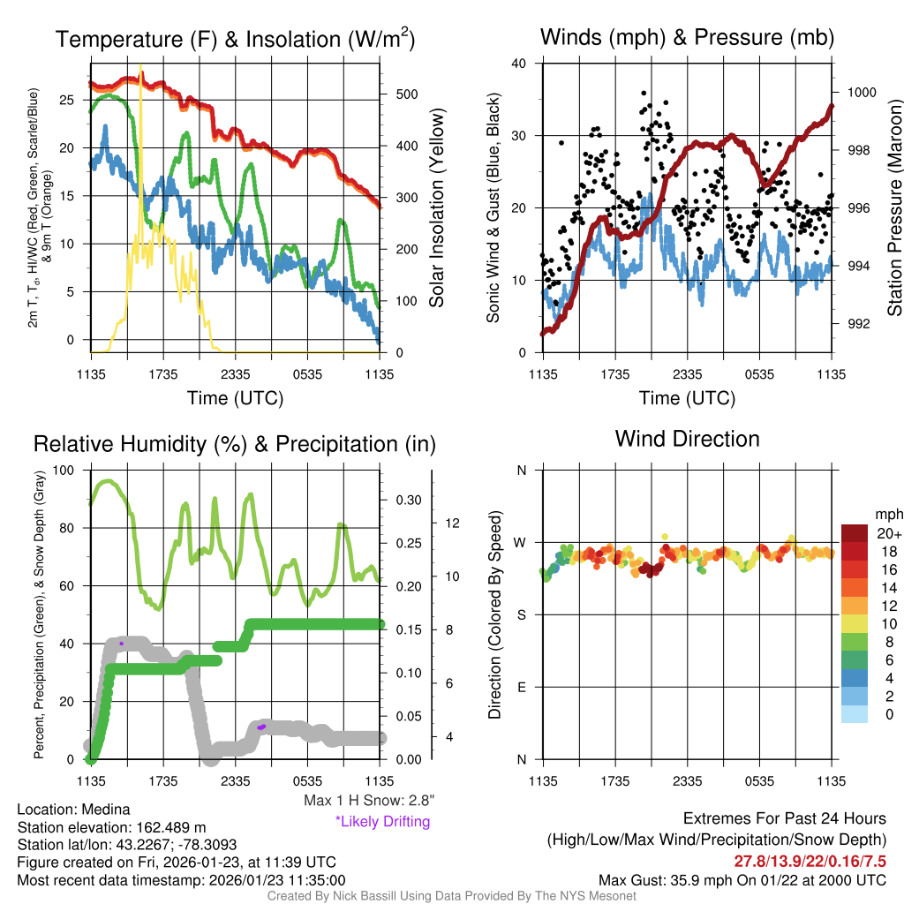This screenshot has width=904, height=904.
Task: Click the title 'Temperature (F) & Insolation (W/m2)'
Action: tap(235, 39)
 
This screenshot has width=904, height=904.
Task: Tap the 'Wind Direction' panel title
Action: tap(687, 439)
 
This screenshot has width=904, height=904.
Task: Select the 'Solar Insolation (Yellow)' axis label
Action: tap(436, 208)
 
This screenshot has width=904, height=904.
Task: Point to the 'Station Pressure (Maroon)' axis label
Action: tap(893, 208)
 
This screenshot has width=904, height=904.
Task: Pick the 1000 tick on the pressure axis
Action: tap(860, 92)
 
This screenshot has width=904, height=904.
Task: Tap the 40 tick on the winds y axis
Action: tap(518, 64)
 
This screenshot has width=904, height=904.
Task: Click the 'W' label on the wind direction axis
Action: tap(521, 542)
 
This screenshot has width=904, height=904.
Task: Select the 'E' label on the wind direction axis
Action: tap(521, 687)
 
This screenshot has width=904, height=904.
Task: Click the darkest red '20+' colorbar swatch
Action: tap(854, 533)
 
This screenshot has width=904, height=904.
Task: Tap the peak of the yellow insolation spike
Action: tap(140, 67)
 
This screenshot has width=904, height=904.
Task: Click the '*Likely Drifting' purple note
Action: tap(382, 822)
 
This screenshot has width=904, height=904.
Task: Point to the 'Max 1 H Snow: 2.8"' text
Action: tap(368, 801)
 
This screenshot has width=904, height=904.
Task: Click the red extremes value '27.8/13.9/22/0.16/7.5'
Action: tap(810, 860)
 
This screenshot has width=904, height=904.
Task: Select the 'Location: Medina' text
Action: tap(73, 810)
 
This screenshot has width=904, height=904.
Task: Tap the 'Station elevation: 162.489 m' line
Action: tap(111, 827)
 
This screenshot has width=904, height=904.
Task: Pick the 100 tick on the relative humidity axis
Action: tap(65, 471)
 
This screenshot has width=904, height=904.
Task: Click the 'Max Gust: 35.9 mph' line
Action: tap(742, 879)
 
